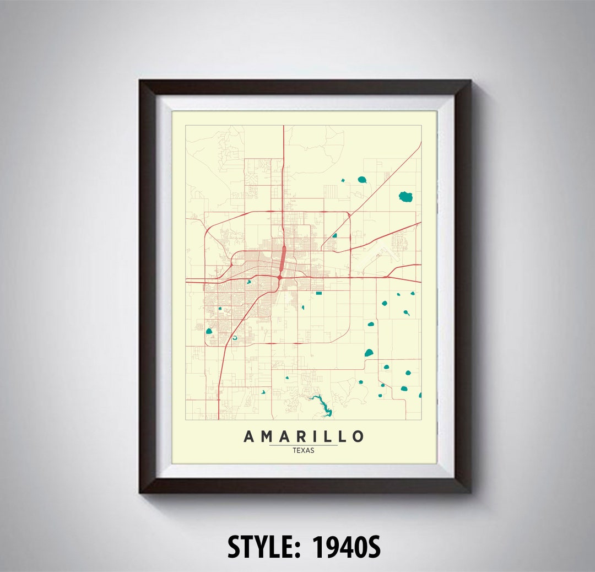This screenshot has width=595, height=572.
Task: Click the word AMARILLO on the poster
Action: (304, 436)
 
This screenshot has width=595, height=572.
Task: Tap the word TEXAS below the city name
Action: (304, 450)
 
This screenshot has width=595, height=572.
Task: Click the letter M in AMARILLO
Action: (266, 436)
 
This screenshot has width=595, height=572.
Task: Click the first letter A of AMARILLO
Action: (249, 436)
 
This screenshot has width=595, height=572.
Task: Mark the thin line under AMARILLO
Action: (304, 445)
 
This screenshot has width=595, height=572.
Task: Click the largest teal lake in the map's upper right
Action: (406, 196)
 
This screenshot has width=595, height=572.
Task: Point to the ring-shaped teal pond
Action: (235, 338)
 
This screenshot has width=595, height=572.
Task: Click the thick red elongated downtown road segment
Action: (283, 256)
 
